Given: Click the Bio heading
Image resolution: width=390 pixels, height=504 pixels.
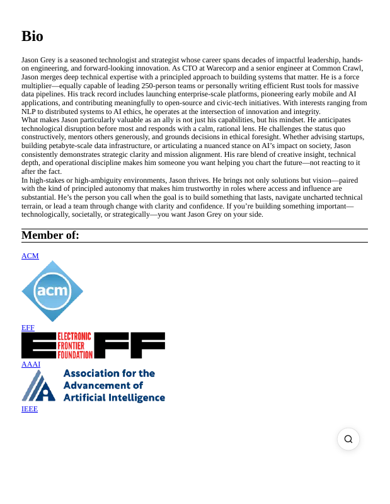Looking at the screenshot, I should [32, 36].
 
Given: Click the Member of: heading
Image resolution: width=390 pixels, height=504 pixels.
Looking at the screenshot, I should [50, 236].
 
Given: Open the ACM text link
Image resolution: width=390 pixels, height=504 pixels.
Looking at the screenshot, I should [30, 256].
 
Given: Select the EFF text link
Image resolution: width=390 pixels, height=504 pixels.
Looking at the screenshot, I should [28, 328].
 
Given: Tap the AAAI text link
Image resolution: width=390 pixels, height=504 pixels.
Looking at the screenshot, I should [31, 364].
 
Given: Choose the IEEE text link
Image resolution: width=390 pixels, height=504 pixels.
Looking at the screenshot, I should [30, 409].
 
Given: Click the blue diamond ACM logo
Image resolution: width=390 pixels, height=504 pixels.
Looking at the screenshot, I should [52, 291].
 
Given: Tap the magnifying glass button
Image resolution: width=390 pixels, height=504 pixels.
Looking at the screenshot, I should [348, 439].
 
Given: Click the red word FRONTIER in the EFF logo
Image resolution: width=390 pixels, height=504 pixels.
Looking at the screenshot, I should [75, 346].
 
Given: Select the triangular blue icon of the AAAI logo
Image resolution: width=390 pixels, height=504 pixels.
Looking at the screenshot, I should [38, 386].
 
